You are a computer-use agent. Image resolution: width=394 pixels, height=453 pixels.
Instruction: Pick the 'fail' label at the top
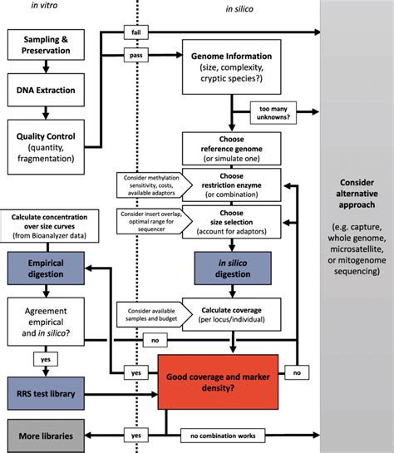coord(136,33)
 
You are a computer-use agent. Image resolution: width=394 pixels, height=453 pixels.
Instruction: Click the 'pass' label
coord(136,55)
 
